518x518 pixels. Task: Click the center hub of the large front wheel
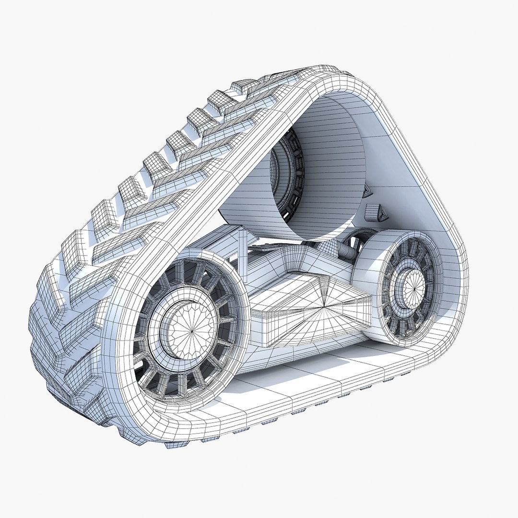191,329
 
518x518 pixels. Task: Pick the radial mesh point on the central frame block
324,304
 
